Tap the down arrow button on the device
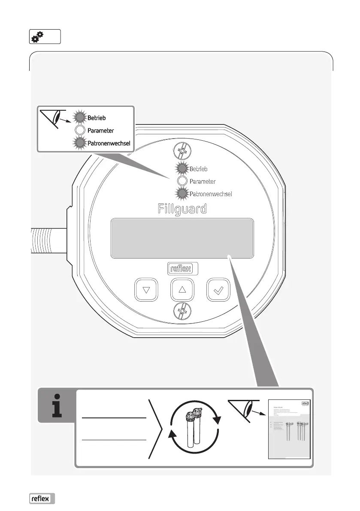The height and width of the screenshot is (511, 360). click(146, 290)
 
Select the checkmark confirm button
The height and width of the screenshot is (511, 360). click(218, 290)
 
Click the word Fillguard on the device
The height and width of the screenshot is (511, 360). click(182, 209)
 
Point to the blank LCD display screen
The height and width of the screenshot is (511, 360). click(182, 238)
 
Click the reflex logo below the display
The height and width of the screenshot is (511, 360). click(182, 269)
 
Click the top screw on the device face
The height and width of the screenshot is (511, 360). click(182, 152)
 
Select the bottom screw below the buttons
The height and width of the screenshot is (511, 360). click(182, 310)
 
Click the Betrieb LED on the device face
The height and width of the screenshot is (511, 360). click(182, 169)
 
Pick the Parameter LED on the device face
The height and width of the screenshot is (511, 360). click(182, 181)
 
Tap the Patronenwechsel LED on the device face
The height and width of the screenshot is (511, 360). click(182, 194)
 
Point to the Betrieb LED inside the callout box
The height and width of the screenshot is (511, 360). click(79, 117)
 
